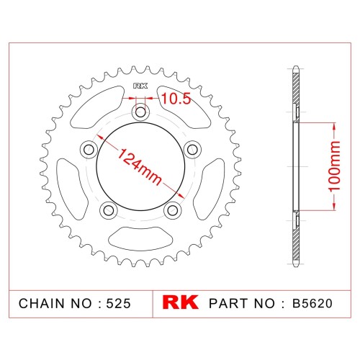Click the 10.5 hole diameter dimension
[176, 99]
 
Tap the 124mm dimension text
[140, 166]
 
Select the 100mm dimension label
[334, 166]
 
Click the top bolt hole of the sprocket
[140, 112]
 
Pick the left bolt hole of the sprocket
[89, 150]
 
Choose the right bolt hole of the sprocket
[192, 150]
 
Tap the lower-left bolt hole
[109, 210]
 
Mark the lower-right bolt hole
[173, 210]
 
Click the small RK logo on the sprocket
[140, 86]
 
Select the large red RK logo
[181, 302]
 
